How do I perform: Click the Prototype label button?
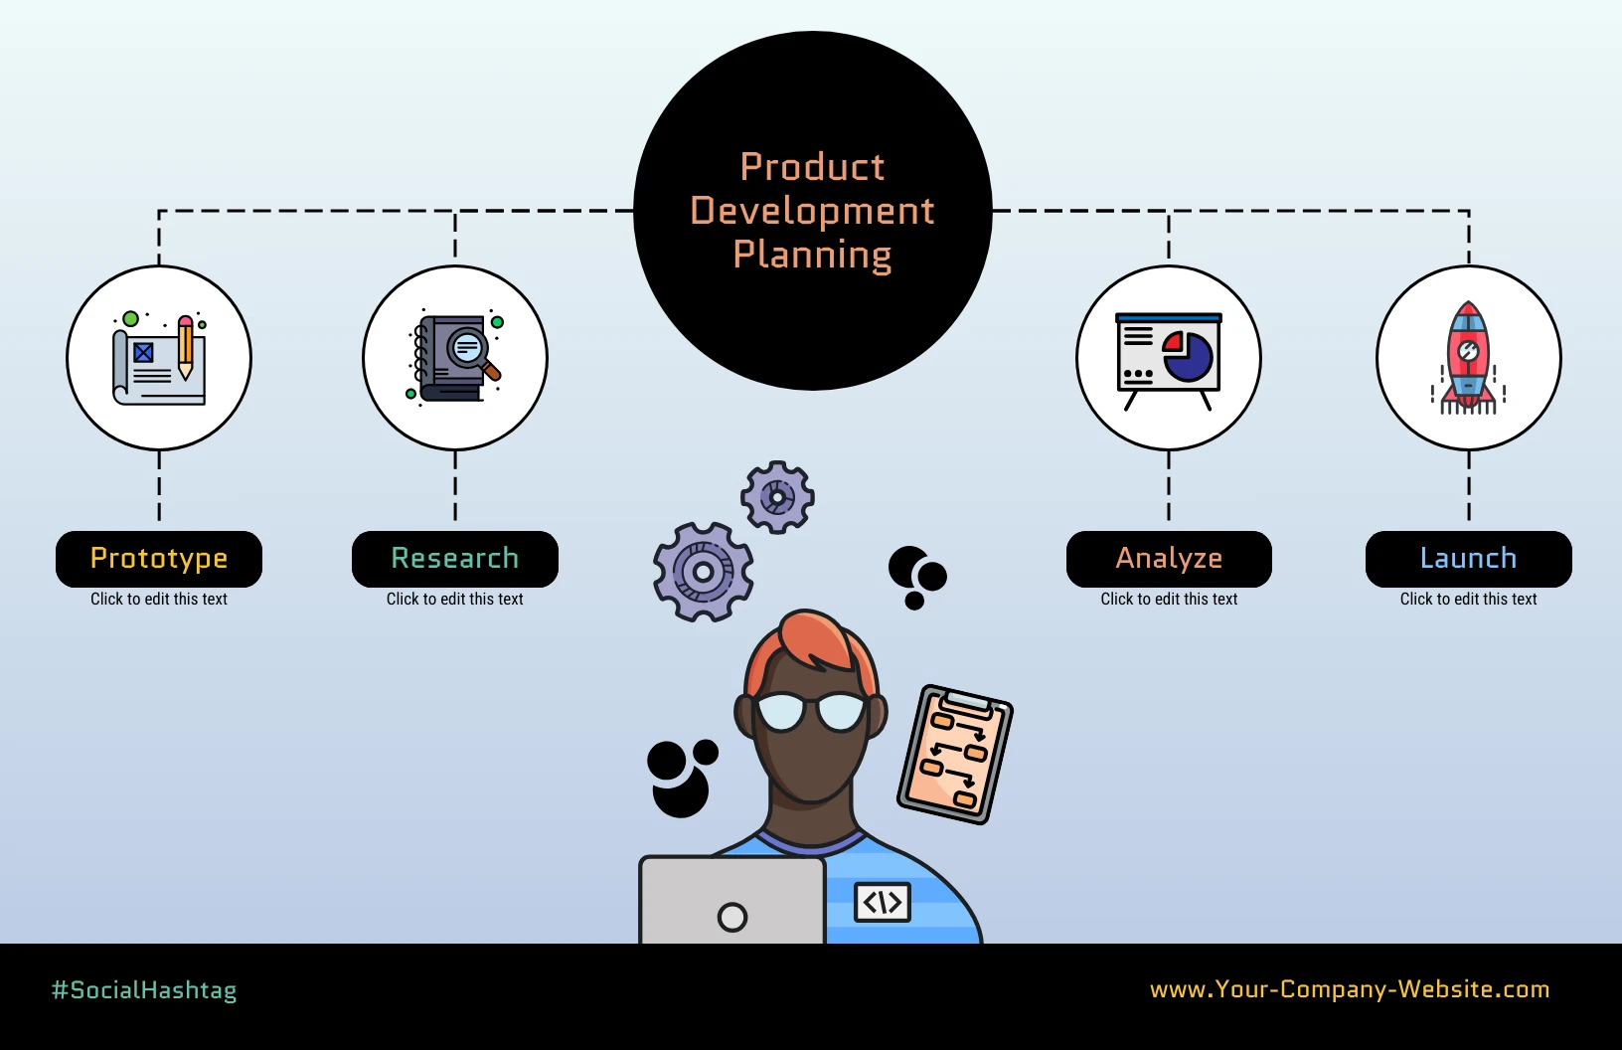[159, 559]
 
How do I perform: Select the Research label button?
[455, 559]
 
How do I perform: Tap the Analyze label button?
[1169, 559]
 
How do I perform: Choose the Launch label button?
[1468, 559]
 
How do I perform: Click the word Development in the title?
[812, 211]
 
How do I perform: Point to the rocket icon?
[1468, 358]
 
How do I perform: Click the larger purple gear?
[703, 572]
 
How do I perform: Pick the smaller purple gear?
[777, 496]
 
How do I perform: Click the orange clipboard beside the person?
[955, 754]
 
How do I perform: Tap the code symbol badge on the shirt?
[883, 902]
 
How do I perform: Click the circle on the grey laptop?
[732, 917]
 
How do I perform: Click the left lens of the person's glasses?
[781, 712]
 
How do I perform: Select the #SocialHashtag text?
[144, 990]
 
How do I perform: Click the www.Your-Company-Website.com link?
[1350, 989]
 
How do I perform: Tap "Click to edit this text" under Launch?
[1468, 599]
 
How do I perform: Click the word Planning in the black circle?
[812, 255]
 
